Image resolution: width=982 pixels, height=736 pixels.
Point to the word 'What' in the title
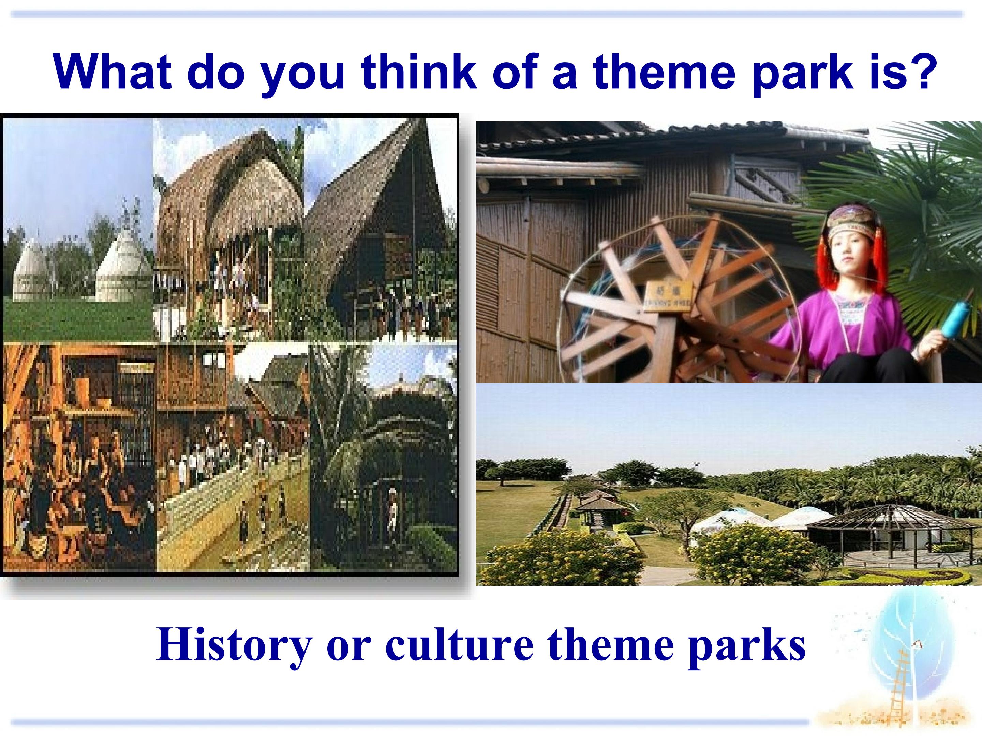(113, 71)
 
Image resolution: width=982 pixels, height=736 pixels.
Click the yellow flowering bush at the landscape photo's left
(560, 561)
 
